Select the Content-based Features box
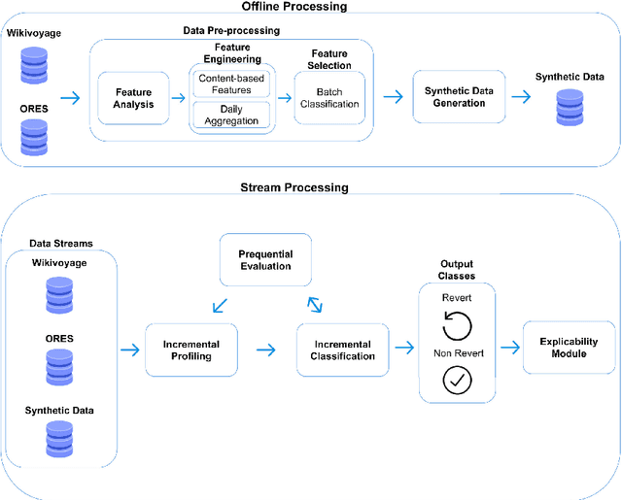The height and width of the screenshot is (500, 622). (x=231, y=83)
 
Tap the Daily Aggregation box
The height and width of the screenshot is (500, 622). (x=231, y=115)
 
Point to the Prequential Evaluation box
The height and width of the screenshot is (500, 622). (x=265, y=259)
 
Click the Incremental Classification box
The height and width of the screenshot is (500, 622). (x=343, y=350)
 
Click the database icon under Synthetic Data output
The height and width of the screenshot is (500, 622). (x=569, y=108)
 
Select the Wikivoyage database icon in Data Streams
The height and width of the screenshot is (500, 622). (x=59, y=295)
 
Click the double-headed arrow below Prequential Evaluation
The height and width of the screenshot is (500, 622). (x=315, y=304)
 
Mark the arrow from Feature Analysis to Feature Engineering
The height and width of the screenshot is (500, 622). (x=177, y=98)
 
